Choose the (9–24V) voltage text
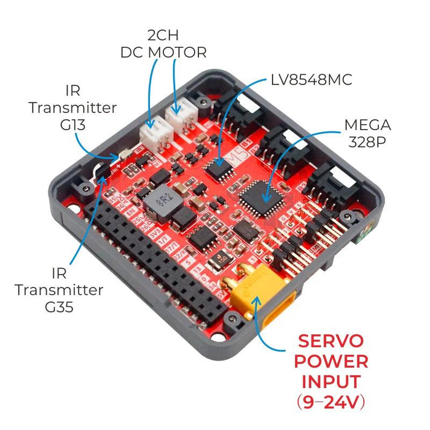pyautogui.click(x=332, y=402)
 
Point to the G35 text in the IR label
pyautogui.click(x=59, y=305)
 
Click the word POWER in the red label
pyautogui.click(x=332, y=361)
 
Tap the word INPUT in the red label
pyautogui.click(x=332, y=381)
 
